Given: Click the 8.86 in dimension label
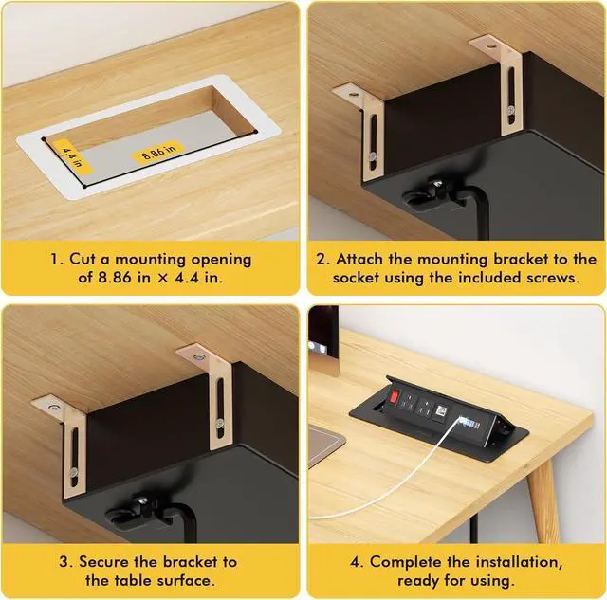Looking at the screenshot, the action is click(x=158, y=151).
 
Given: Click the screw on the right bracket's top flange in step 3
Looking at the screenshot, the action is click(x=198, y=357).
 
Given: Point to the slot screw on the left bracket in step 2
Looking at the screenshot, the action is click(x=373, y=156).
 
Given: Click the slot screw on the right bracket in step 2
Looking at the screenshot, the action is click(x=512, y=111).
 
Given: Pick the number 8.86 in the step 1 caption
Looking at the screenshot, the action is click(x=115, y=278).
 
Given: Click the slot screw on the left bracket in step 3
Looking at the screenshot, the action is click(x=74, y=472).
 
